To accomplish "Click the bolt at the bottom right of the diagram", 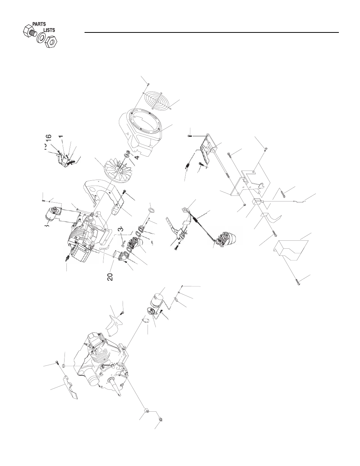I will tap(297, 282).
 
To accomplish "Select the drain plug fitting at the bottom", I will tap(161, 419).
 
